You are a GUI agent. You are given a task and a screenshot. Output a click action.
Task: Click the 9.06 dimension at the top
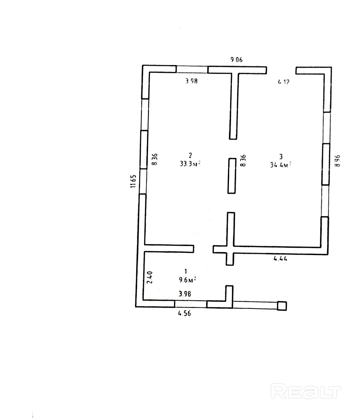pyautogui.click(x=236, y=60)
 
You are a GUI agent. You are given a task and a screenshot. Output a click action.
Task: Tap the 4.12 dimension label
pyautogui.click(x=283, y=82)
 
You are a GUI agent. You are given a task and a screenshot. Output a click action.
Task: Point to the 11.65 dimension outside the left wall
pyautogui.click(x=133, y=181)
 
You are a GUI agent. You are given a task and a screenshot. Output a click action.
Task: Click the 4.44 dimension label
pyautogui.click(x=280, y=258)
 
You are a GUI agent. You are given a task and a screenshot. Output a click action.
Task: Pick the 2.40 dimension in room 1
pyautogui.click(x=151, y=277)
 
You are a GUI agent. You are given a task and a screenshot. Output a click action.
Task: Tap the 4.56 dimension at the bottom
pyautogui.click(x=184, y=313)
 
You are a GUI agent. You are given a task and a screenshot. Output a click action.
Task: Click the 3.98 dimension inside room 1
pyautogui.click(x=185, y=294)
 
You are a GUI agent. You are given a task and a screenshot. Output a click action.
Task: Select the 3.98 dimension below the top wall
pyautogui.click(x=191, y=81)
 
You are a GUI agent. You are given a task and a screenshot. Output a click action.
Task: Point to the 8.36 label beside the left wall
pyautogui.click(x=154, y=159)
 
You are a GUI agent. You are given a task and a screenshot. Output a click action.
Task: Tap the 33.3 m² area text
pyautogui.click(x=190, y=164)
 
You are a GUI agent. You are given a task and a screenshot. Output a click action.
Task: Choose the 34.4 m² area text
pyautogui.click(x=281, y=165)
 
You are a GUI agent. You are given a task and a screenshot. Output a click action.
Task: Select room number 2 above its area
pyautogui.click(x=190, y=155)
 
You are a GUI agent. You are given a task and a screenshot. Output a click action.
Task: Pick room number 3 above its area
pyautogui.click(x=281, y=156)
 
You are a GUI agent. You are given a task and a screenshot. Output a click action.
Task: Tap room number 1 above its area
pyautogui.click(x=186, y=271)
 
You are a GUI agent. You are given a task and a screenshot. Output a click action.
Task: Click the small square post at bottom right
pyautogui.click(x=282, y=306)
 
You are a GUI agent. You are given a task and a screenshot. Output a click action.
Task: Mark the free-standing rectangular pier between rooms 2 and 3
pyautogui.click(x=231, y=176)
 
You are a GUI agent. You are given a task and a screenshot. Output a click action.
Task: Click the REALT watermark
pyautogui.click(x=306, y=392)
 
